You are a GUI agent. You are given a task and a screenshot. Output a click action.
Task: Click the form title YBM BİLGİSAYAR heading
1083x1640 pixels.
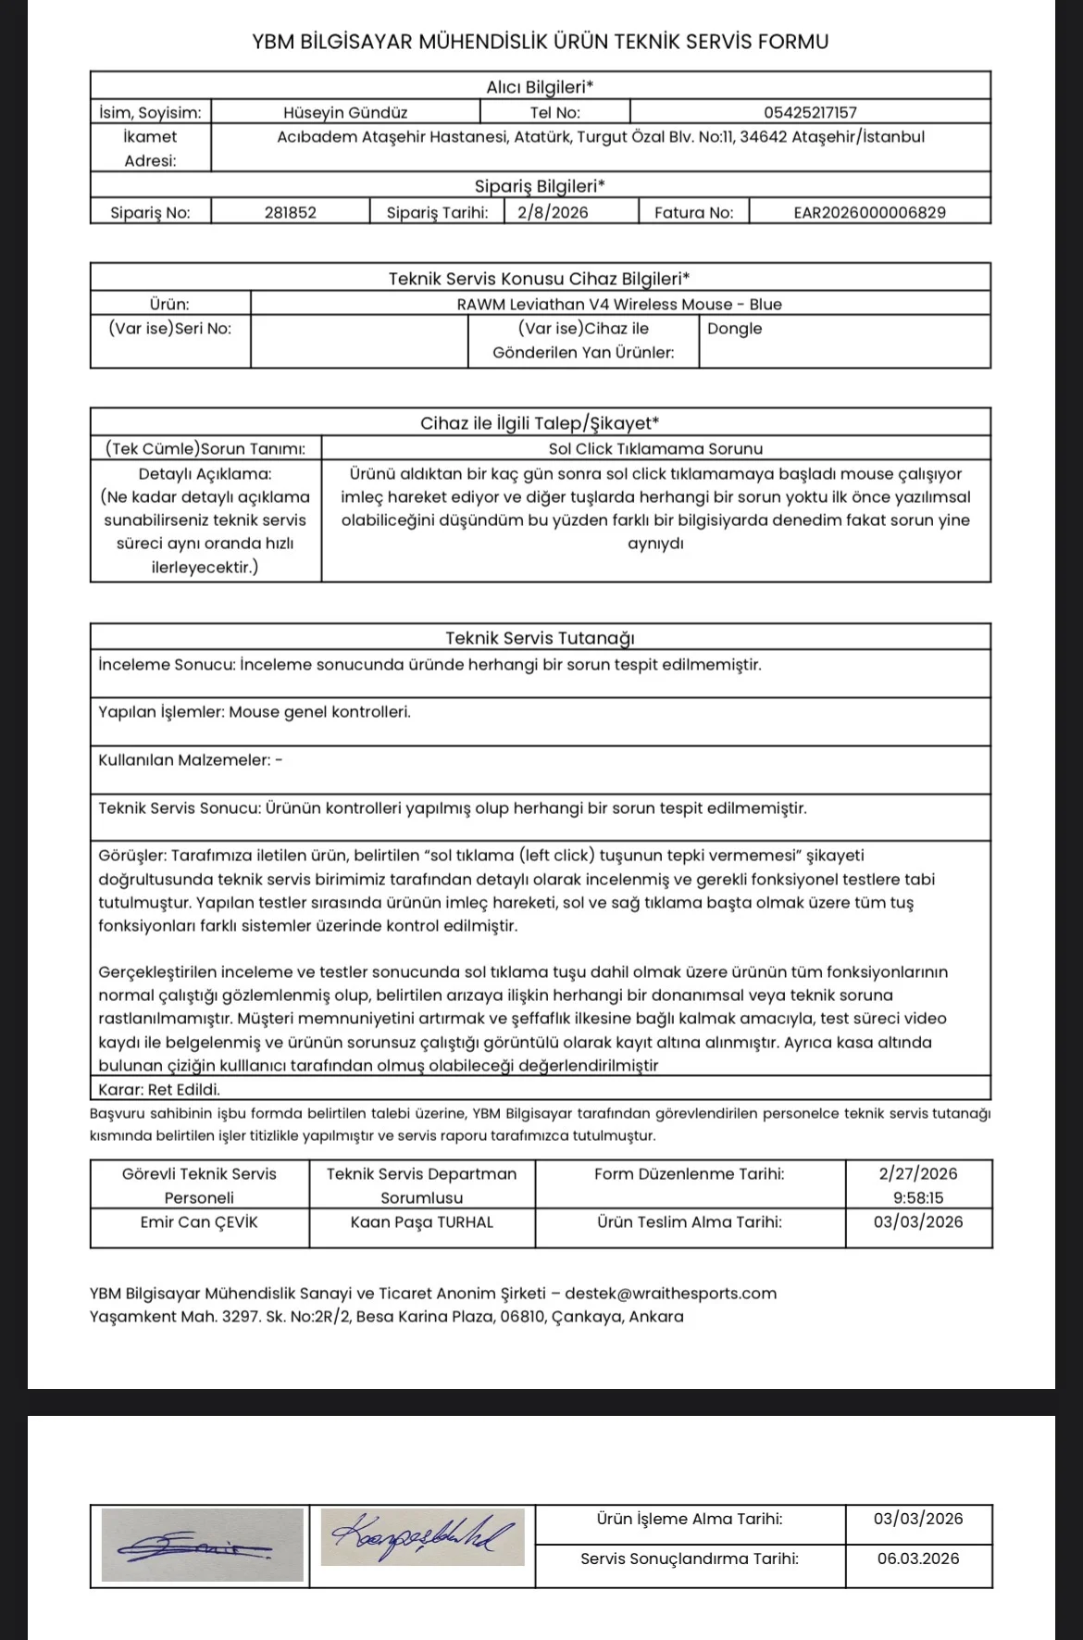pos(540,42)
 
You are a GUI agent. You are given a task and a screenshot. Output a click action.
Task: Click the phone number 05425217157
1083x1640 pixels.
pos(810,112)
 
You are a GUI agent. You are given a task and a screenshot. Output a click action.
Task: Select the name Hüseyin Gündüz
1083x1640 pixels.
pos(345,112)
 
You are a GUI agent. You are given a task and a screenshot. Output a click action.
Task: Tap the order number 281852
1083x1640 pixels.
pos(290,212)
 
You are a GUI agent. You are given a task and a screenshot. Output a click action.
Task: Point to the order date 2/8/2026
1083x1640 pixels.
pos(553,212)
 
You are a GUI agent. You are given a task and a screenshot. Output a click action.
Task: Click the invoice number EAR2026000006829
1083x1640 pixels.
pos(869,212)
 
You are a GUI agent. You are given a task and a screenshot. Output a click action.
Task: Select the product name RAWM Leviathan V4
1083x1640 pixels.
pos(619,304)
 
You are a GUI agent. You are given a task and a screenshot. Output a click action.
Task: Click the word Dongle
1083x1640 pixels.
pos(735,329)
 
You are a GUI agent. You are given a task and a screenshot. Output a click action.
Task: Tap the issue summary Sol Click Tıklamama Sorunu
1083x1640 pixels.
pos(655,449)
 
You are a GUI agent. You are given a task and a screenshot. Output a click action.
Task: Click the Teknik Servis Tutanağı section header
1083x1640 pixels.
pos(540,638)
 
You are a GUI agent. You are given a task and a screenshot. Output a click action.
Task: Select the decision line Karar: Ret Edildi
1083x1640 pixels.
pos(159,1089)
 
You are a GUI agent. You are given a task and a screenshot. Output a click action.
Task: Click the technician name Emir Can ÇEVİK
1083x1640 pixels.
pos(199,1222)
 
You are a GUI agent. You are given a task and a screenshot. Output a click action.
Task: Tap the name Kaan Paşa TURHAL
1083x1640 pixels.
pos(422,1222)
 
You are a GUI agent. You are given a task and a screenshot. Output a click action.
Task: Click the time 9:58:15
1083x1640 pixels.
pos(918,1197)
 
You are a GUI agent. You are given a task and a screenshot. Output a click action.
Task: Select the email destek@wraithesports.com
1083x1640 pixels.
pos(670,1294)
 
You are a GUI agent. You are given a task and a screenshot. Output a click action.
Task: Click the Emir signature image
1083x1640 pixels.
pos(203,1545)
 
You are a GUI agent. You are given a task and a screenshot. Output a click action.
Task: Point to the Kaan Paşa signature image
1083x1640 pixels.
pos(423,1536)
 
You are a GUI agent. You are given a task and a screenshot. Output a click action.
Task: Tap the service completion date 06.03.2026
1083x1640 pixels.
pos(918,1559)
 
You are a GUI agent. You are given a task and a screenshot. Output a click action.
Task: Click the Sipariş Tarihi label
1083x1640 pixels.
pos(437,212)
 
